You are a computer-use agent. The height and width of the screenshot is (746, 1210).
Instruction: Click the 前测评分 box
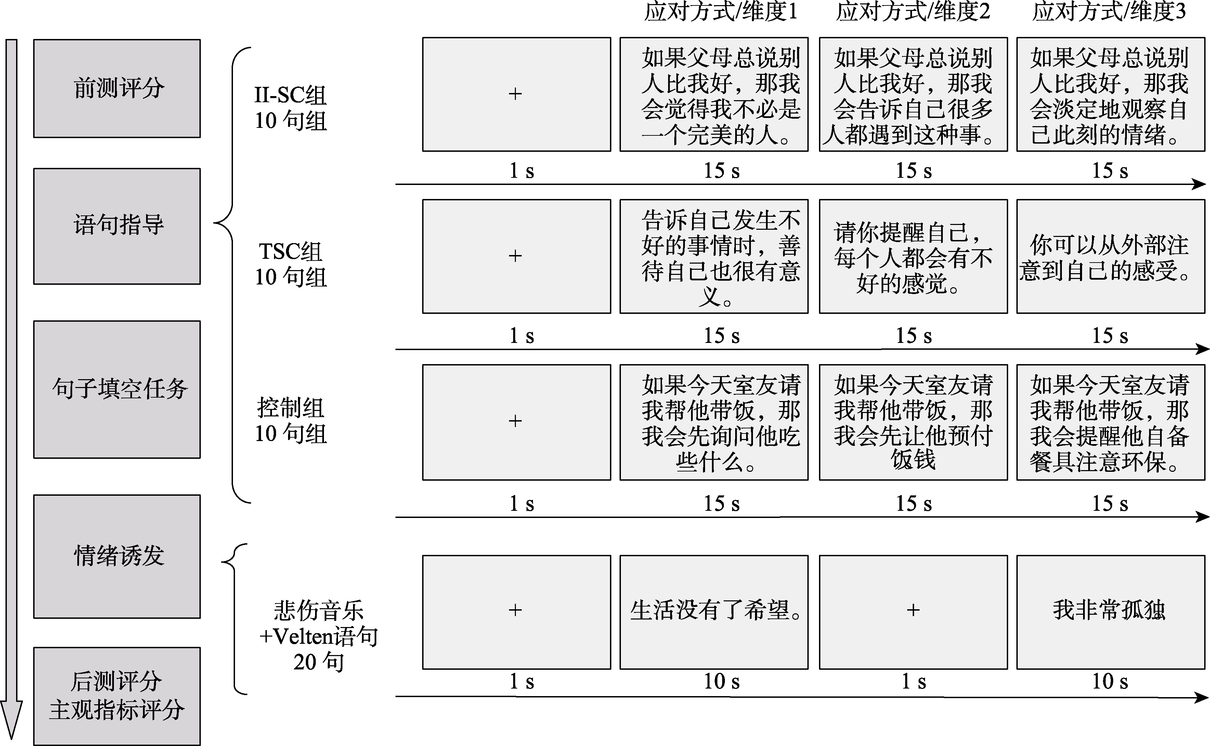pos(117,88)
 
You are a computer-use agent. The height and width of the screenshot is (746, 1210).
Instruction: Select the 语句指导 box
pos(117,226)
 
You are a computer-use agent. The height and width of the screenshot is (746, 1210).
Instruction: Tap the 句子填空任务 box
pos(117,389)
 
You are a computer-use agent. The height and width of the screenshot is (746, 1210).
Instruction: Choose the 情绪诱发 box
pos(117,556)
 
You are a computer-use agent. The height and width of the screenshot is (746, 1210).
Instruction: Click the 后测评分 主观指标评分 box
pos(117,696)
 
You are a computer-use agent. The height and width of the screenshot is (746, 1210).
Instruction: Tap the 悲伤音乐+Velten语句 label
pos(318,636)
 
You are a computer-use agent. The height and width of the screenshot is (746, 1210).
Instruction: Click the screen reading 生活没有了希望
pos(714,612)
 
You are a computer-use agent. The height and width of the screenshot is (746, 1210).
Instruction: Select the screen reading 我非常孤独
pos(1110,612)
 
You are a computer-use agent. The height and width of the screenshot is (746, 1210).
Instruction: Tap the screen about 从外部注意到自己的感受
pos(1110,256)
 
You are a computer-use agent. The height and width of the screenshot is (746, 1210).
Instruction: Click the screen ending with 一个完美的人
pos(714,94)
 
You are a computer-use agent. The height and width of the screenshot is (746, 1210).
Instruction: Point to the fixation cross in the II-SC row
pos(516,94)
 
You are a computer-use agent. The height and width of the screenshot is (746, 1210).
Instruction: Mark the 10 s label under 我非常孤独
pos(1109,681)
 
